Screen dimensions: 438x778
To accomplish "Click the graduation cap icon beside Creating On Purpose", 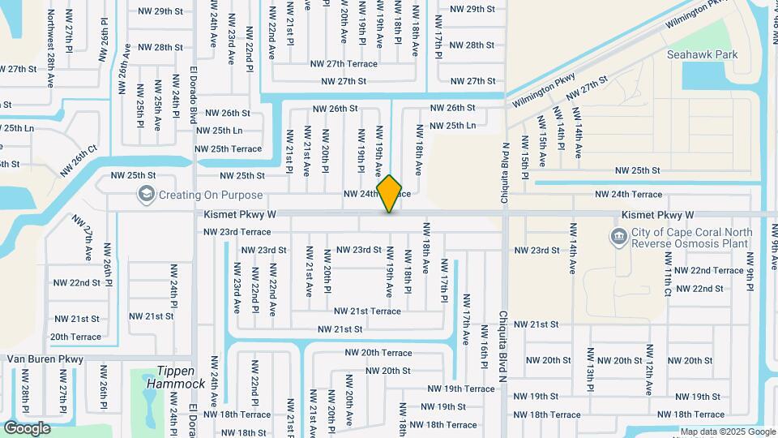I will click(x=146, y=195).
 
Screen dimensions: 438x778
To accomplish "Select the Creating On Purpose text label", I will click(x=210, y=195).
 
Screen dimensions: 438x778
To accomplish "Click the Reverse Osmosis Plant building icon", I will click(x=618, y=237).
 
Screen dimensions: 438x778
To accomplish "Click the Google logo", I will click(x=26, y=428).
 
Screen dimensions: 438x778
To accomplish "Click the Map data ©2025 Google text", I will click(x=727, y=432).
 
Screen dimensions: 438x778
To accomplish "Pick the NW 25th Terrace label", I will click(x=229, y=149).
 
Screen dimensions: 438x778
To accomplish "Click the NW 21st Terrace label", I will click(x=367, y=311).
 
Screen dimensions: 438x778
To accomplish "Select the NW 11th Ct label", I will click(x=667, y=276).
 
